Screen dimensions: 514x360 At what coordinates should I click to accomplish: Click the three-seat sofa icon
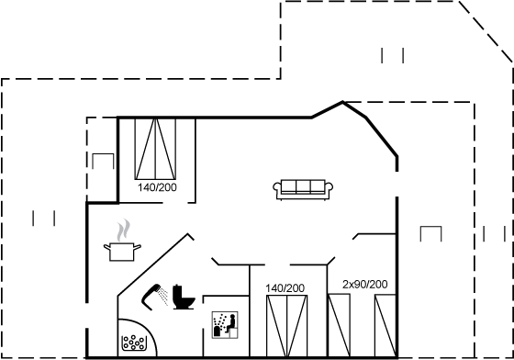click(303, 189)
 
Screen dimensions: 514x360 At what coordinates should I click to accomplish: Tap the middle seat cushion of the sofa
click(303, 186)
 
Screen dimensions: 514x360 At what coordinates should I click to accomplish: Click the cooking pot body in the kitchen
click(121, 252)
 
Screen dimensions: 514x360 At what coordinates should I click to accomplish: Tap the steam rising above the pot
click(123, 231)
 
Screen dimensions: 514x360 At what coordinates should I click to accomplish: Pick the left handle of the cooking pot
click(106, 246)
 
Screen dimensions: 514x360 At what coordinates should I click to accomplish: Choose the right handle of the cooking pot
click(138, 246)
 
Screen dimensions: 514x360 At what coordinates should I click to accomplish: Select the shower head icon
click(151, 297)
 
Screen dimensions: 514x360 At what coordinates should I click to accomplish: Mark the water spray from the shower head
click(162, 296)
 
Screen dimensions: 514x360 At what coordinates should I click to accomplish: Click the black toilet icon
click(184, 297)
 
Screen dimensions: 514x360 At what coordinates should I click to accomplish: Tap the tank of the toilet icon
click(177, 291)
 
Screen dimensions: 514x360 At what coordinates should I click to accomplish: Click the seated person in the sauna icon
click(231, 323)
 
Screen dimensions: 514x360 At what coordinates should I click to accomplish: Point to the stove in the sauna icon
click(217, 332)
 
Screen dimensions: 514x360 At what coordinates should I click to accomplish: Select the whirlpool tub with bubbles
click(137, 338)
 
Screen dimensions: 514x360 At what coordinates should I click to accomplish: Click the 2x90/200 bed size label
click(365, 285)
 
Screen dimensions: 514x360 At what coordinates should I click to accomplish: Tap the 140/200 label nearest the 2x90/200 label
click(285, 288)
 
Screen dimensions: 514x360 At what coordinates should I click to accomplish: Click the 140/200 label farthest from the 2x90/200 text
click(157, 187)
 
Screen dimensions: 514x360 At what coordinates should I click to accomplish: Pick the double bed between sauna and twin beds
click(286, 326)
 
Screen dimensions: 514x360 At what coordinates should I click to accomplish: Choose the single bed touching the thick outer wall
click(385, 326)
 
